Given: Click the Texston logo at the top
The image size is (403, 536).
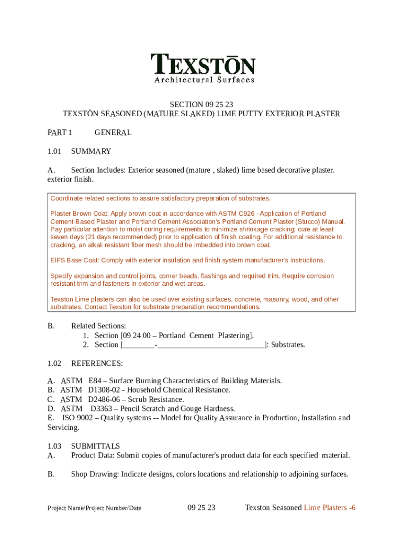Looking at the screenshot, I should [x=203, y=68].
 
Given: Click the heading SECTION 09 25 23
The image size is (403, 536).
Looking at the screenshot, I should [x=201, y=104].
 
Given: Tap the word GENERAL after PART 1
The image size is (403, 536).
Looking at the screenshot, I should [x=113, y=132].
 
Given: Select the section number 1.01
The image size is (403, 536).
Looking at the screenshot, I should [x=54, y=151].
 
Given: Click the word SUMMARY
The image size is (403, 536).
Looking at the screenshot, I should [x=91, y=151].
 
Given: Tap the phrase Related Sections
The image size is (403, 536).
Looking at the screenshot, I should [x=98, y=326].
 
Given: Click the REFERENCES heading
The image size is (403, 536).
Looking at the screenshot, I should [x=97, y=363].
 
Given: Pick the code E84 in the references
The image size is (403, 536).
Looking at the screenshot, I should [x=95, y=381].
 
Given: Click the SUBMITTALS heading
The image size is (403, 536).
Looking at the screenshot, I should [x=95, y=446].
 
